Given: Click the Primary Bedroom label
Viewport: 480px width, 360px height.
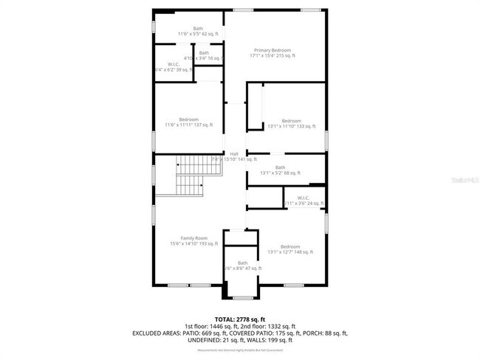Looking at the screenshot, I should point(272,52).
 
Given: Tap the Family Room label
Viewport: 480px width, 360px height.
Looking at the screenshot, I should point(193,240).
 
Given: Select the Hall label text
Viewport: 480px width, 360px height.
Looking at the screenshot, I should point(233,156).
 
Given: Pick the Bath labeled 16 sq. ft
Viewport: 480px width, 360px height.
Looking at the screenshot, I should point(203,55).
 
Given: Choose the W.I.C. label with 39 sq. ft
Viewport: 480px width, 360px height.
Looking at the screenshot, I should point(174,66).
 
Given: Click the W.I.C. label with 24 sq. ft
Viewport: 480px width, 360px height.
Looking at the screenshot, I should point(303,200).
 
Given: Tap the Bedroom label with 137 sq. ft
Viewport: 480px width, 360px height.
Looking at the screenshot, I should point(188,122).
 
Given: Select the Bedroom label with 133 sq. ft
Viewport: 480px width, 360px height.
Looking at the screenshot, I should point(291,123).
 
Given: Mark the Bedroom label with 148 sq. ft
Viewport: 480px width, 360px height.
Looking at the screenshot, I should point(289,249).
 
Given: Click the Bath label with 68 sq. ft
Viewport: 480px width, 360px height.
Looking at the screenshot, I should point(280,170).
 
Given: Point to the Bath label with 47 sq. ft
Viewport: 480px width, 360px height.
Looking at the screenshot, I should point(243,266).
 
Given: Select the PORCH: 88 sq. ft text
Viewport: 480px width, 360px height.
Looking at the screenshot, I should point(325,333).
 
